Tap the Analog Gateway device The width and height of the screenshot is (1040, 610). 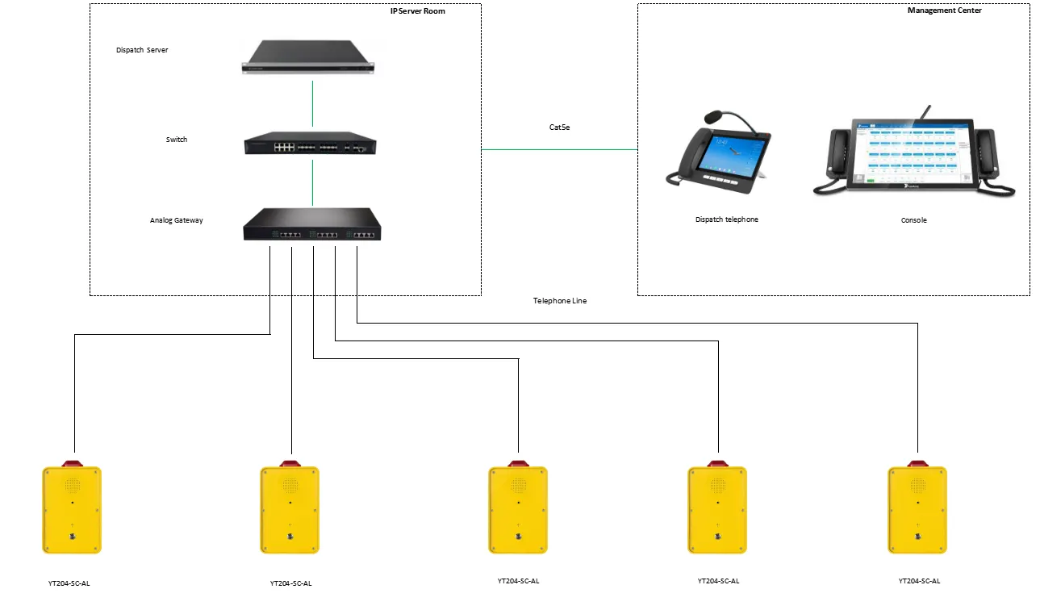tap(311, 224)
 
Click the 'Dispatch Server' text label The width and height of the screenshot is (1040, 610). tap(142, 50)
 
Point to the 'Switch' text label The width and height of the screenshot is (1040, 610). tap(177, 140)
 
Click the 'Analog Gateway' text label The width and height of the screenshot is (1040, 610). tap(176, 220)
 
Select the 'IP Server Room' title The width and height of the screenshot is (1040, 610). tap(417, 11)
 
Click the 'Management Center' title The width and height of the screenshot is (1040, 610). tap(944, 10)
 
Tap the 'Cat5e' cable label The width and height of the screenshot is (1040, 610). tap(559, 127)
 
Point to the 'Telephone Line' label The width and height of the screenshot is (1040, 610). tap(560, 301)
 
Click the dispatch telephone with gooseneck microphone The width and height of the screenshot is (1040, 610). tap(717, 158)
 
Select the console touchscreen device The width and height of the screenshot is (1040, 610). tap(913, 155)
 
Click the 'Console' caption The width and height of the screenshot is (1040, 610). tap(913, 220)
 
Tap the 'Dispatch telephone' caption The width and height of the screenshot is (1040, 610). tap(727, 219)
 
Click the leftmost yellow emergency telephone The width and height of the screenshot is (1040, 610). tap(72, 510)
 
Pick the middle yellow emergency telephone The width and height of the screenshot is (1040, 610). tap(518, 510)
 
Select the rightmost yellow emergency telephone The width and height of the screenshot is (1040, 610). tap(917, 510)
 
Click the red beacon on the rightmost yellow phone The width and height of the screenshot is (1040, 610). tap(917, 463)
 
